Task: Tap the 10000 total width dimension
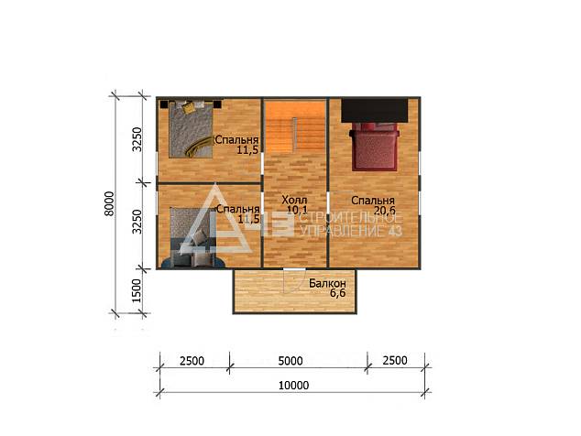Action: pyautogui.click(x=293, y=386)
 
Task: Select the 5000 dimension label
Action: pyautogui.click(x=290, y=361)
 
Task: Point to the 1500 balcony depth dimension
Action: pyautogui.click(x=137, y=290)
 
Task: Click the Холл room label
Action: pyautogui.click(x=294, y=201)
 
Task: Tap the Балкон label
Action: pyautogui.click(x=327, y=283)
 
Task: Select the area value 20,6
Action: pyautogui.click(x=385, y=211)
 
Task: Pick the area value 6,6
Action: pyautogui.click(x=337, y=293)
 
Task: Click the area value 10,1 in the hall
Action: pyautogui.click(x=297, y=210)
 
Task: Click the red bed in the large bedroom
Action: pyautogui.click(x=374, y=147)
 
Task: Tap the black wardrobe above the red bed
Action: pyautogui.click(x=374, y=110)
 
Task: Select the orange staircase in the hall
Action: pyautogui.click(x=295, y=126)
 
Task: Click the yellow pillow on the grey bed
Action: pyautogui.click(x=189, y=107)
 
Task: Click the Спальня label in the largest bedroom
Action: pyautogui.click(x=373, y=201)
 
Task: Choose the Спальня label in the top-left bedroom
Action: pyautogui.click(x=236, y=140)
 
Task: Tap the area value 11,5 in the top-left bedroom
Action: pyautogui.click(x=247, y=150)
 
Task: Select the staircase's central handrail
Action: pyautogui.click(x=295, y=134)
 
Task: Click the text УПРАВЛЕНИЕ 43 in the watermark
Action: pyautogui.click(x=351, y=232)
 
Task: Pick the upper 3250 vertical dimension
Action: pyautogui.click(x=137, y=139)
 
